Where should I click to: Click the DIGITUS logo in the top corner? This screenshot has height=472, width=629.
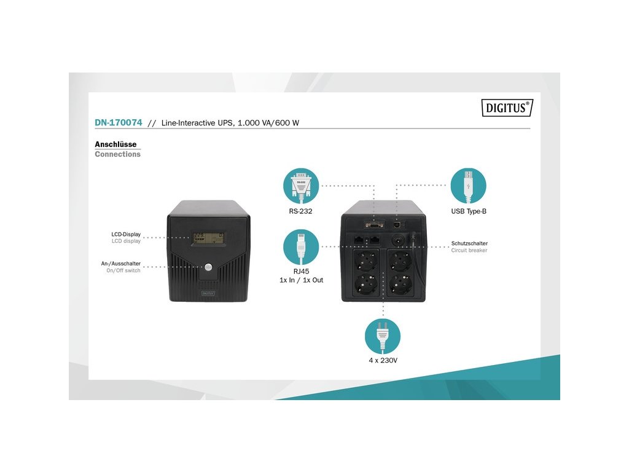pyautogui.click(x=506, y=108)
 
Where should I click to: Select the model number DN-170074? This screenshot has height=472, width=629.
pyautogui.click(x=119, y=123)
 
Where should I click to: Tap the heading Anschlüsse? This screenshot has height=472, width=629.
pyautogui.click(x=115, y=144)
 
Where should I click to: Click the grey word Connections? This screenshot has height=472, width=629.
pyautogui.click(x=117, y=154)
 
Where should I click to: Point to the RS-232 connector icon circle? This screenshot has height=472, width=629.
pyautogui.click(x=301, y=186)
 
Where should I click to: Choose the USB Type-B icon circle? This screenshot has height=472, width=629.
pyautogui.click(x=468, y=186)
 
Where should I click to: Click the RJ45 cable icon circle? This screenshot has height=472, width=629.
pyautogui.click(x=301, y=246)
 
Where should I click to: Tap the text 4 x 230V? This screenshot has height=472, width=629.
pyautogui.click(x=383, y=360)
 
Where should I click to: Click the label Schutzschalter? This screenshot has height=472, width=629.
pyautogui.click(x=469, y=243)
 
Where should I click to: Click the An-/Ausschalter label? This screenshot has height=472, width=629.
pyautogui.click(x=121, y=263)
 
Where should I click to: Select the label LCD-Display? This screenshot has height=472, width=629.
pyautogui.click(x=126, y=234)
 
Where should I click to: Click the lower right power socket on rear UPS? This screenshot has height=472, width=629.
pyautogui.click(x=401, y=285)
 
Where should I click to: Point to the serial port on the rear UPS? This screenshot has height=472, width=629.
pyautogui.click(x=373, y=225)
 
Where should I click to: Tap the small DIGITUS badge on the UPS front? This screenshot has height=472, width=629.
pyautogui.click(x=208, y=293)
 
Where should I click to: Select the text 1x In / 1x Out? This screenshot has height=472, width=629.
pyautogui.click(x=301, y=280)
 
